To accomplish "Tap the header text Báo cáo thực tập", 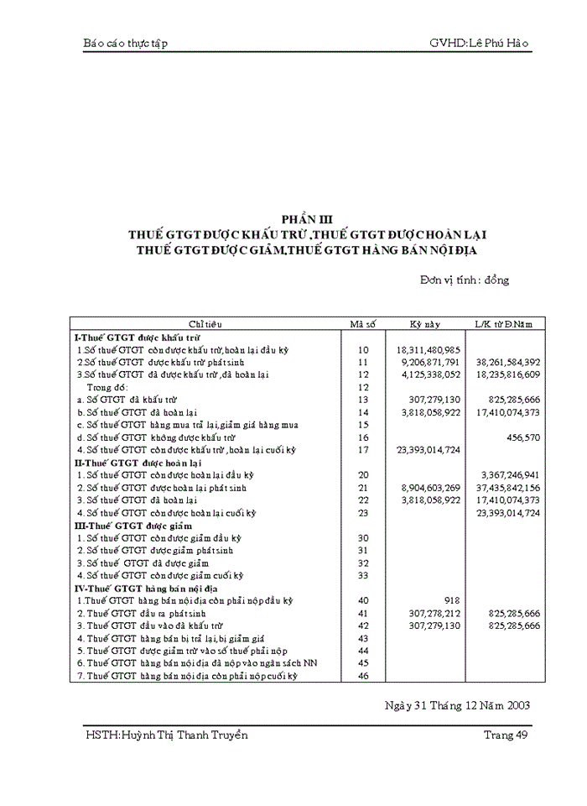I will pos(126,43).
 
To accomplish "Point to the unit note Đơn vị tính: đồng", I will pos(465,280).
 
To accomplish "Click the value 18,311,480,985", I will pos(428,348).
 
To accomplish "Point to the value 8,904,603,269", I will pos(428,487).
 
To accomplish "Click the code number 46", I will pos(363,676).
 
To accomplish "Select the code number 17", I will pos(363,449).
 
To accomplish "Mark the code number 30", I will pos(363,537).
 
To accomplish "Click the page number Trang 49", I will pos(506,735).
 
